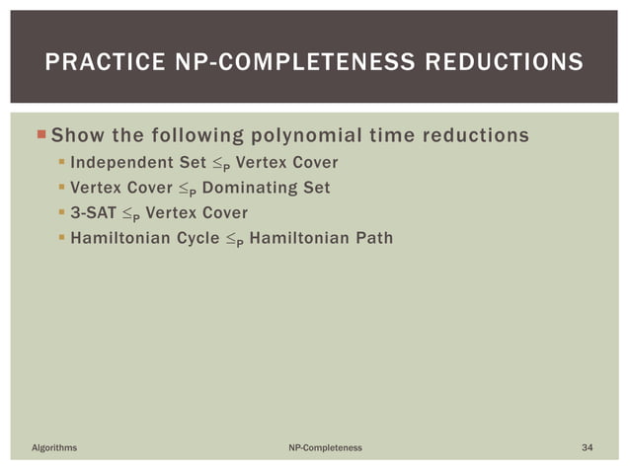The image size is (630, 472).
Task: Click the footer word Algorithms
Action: (x=55, y=447)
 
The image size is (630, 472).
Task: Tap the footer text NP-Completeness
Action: (x=325, y=447)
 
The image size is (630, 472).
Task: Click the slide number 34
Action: (x=588, y=447)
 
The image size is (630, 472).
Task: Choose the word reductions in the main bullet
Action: (x=474, y=134)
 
